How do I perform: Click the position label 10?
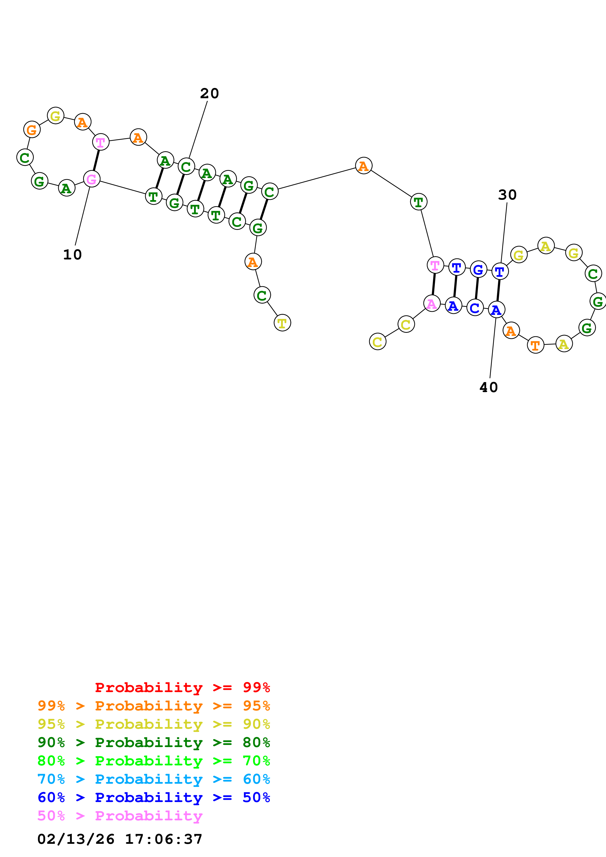tap(72, 255)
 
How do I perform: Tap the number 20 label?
tap(209, 93)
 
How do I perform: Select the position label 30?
tap(507, 195)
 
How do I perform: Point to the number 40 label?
tap(488, 387)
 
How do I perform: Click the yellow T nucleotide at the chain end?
tap(282, 323)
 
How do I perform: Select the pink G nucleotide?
tap(91, 179)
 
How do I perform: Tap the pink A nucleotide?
tap(432, 304)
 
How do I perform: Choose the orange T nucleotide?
tap(535, 345)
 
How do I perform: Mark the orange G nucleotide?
tap(32, 129)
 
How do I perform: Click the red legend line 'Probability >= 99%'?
tap(182, 687)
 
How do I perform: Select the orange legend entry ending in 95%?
tap(154, 706)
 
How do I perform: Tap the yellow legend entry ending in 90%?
tap(154, 724)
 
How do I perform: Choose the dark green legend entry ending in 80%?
tap(154, 742)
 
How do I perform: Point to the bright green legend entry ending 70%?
tap(154, 761)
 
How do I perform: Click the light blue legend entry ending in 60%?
tap(154, 779)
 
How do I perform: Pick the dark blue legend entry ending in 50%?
tap(154, 797)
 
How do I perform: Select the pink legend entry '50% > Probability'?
tap(120, 815)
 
